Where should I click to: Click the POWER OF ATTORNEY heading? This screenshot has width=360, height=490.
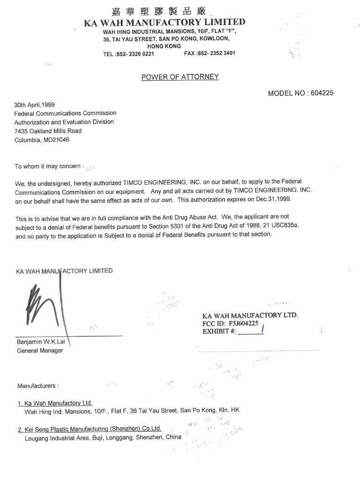tap(180, 77)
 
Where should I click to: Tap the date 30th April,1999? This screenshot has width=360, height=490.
tap(34, 104)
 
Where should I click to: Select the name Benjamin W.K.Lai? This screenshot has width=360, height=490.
tap(41, 342)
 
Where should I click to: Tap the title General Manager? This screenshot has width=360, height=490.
tap(40, 350)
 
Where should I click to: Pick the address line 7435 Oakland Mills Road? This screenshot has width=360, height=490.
tap(48, 131)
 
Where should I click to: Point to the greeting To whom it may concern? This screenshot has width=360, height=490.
tap(48, 167)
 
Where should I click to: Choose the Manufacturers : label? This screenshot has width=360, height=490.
tap(38, 386)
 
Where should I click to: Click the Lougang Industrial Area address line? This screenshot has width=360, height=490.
tap(103, 437)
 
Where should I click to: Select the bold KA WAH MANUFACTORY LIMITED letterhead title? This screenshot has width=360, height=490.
tap(164, 22)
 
